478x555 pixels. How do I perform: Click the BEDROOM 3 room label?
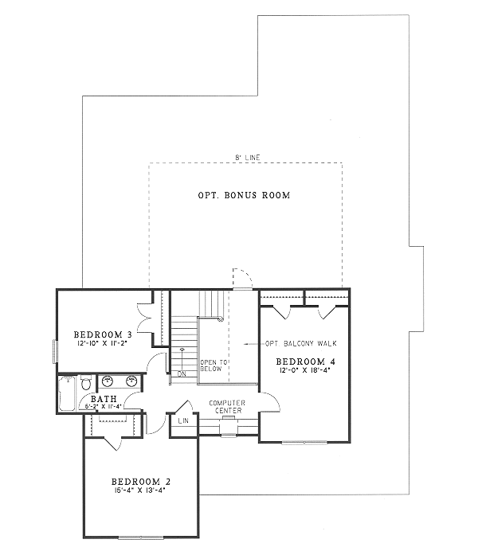coord(102,334)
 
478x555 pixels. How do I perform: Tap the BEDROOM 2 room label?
coord(140,483)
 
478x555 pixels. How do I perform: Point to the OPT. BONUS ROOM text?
coord(244,195)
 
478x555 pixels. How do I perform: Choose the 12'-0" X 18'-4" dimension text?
coord(304,371)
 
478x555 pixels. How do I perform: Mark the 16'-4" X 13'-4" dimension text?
coord(140,492)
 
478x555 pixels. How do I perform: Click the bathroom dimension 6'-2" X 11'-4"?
coord(104,406)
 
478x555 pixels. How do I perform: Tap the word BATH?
coord(104,398)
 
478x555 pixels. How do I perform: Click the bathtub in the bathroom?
coord(67,394)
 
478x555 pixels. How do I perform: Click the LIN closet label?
coord(182,420)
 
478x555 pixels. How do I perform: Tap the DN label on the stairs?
coord(182,373)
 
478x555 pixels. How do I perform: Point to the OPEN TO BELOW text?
coord(213,366)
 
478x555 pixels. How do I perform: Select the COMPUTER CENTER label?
coord(227,407)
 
